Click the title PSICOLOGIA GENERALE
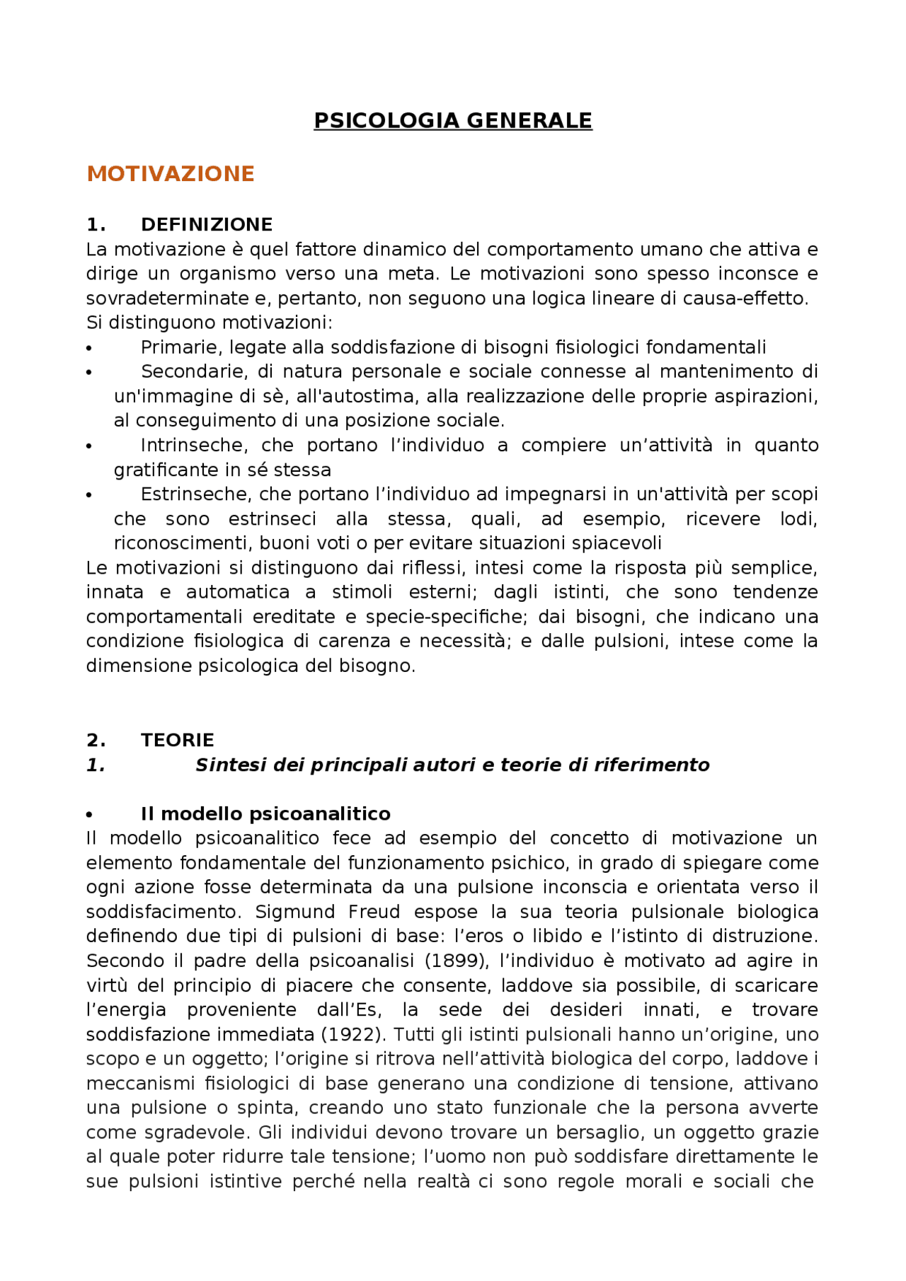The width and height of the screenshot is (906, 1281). pyautogui.click(x=453, y=121)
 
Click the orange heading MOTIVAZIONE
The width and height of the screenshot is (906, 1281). pyautogui.click(x=171, y=174)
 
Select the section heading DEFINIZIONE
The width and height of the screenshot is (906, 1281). pyautogui.click(x=207, y=225)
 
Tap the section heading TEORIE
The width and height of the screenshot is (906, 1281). pyautogui.click(x=177, y=741)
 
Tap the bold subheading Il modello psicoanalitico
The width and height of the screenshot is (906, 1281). pyautogui.click(x=265, y=814)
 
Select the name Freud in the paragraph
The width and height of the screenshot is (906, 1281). pyautogui.click(x=374, y=912)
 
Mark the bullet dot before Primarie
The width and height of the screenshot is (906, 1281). pyautogui.click(x=89, y=349)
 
